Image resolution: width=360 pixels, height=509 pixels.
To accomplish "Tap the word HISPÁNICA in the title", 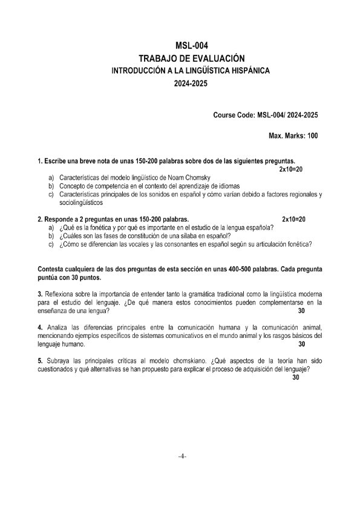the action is click(x=247, y=71).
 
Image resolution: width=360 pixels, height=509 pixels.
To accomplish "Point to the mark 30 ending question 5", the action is click(x=296, y=378).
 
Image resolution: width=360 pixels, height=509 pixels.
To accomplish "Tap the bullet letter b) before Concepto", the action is click(x=51, y=186).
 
